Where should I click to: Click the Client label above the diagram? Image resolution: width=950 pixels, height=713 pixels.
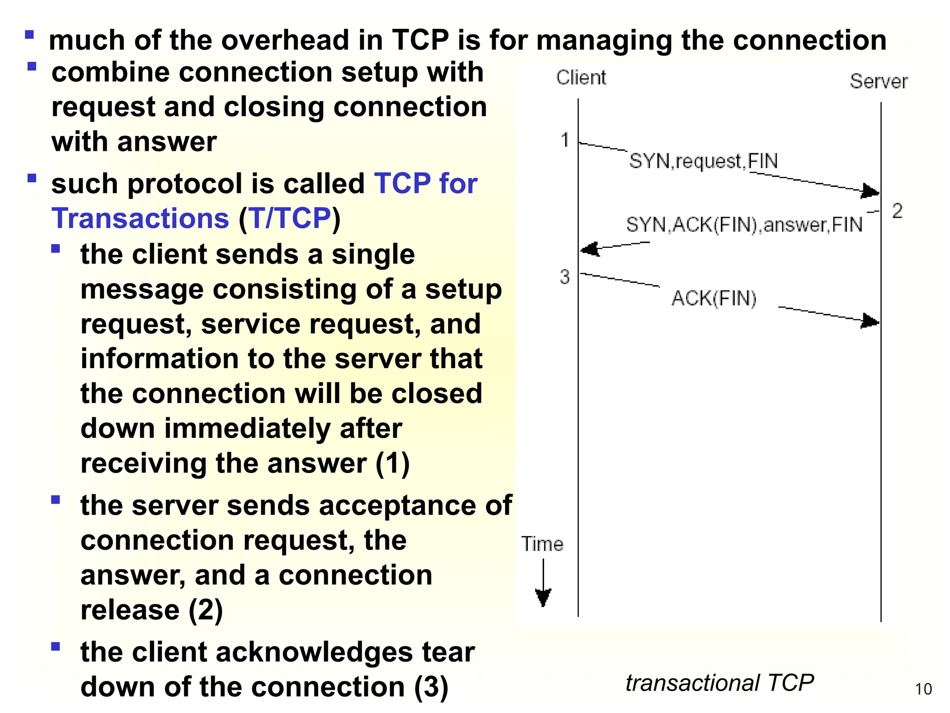581,78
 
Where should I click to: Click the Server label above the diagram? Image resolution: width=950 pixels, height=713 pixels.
878,82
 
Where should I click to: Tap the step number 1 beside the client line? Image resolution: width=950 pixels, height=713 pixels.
565,140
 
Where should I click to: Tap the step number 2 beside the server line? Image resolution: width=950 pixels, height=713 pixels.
897,211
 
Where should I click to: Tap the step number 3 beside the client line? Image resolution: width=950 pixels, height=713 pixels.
564,277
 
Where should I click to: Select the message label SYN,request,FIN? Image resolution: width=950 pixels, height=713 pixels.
703,161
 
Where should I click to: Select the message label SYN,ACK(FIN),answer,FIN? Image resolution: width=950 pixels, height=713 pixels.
744,225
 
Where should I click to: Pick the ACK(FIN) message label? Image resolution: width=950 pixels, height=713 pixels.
714,298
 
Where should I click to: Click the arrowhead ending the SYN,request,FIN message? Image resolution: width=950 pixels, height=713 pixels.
870,191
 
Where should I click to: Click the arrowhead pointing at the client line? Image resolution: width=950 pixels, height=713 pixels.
590,249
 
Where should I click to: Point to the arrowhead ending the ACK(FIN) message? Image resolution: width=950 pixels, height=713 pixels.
870,321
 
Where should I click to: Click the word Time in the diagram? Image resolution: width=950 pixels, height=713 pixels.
542,544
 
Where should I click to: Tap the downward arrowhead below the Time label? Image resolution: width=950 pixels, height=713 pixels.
543,597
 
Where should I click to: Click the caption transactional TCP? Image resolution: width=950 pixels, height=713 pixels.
719,683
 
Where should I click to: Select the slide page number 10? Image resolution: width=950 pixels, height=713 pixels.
923,689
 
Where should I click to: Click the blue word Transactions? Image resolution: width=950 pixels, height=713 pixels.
140,218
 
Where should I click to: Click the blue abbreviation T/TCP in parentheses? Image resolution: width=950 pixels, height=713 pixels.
290,218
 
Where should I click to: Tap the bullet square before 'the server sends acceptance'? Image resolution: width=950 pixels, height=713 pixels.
56,500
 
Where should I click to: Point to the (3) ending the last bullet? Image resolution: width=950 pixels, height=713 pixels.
431,687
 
